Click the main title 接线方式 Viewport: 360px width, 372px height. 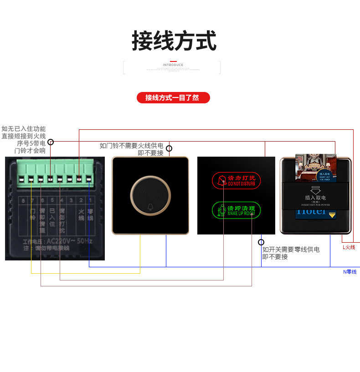174,41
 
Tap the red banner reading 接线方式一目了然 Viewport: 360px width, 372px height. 173,97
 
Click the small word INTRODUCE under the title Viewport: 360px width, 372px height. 173,65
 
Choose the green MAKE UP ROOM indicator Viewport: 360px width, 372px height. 236,210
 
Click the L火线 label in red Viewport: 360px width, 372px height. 349,247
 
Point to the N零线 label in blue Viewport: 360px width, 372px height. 350,272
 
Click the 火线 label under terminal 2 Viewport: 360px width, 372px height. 81,214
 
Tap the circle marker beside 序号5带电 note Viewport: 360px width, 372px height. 51,142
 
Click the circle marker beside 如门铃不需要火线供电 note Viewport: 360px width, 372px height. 169,148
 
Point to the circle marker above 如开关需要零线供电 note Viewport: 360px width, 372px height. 261,242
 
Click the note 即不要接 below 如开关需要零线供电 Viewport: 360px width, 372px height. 275,257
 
